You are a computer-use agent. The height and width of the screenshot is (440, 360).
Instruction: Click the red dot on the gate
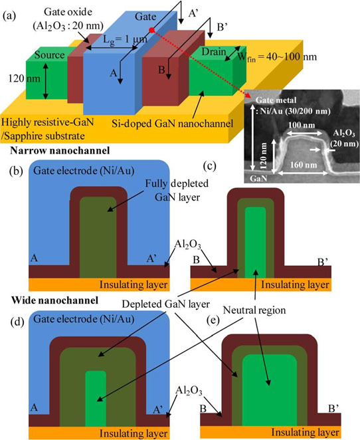coord(151,30)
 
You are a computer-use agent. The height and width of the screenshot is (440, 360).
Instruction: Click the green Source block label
coord(50,55)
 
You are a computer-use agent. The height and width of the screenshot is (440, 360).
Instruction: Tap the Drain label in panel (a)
coord(214,52)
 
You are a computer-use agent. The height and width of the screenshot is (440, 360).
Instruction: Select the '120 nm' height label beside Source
coord(25,78)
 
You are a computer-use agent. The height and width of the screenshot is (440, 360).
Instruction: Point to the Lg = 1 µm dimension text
coord(125,40)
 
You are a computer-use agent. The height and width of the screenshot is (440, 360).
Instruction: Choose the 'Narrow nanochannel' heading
coord(60,151)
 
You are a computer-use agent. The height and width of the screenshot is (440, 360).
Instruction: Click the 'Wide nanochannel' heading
coord(54,300)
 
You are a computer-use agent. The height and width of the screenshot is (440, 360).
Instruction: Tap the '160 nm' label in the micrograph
coord(304,165)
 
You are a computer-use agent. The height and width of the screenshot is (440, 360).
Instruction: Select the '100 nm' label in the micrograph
coord(302,125)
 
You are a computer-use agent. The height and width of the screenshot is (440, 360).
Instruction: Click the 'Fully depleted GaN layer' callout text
coord(177,190)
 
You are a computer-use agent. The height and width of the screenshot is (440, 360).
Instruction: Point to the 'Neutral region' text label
coord(254,310)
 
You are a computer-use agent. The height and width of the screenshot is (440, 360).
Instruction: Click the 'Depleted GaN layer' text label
coord(165,304)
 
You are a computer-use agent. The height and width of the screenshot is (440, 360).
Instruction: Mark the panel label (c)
coord(210,166)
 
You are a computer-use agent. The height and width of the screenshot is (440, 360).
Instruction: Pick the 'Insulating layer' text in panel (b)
coord(134,284)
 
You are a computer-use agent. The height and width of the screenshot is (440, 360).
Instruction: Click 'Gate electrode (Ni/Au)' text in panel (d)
coord(84,319)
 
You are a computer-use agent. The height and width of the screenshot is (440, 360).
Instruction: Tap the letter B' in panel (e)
coord(333,409)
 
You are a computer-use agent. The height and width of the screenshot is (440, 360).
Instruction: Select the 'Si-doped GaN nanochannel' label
coord(173,124)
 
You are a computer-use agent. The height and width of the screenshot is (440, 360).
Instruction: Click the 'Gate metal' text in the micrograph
coord(276,100)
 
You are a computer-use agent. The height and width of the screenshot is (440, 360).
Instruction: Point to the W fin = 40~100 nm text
coord(277,57)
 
